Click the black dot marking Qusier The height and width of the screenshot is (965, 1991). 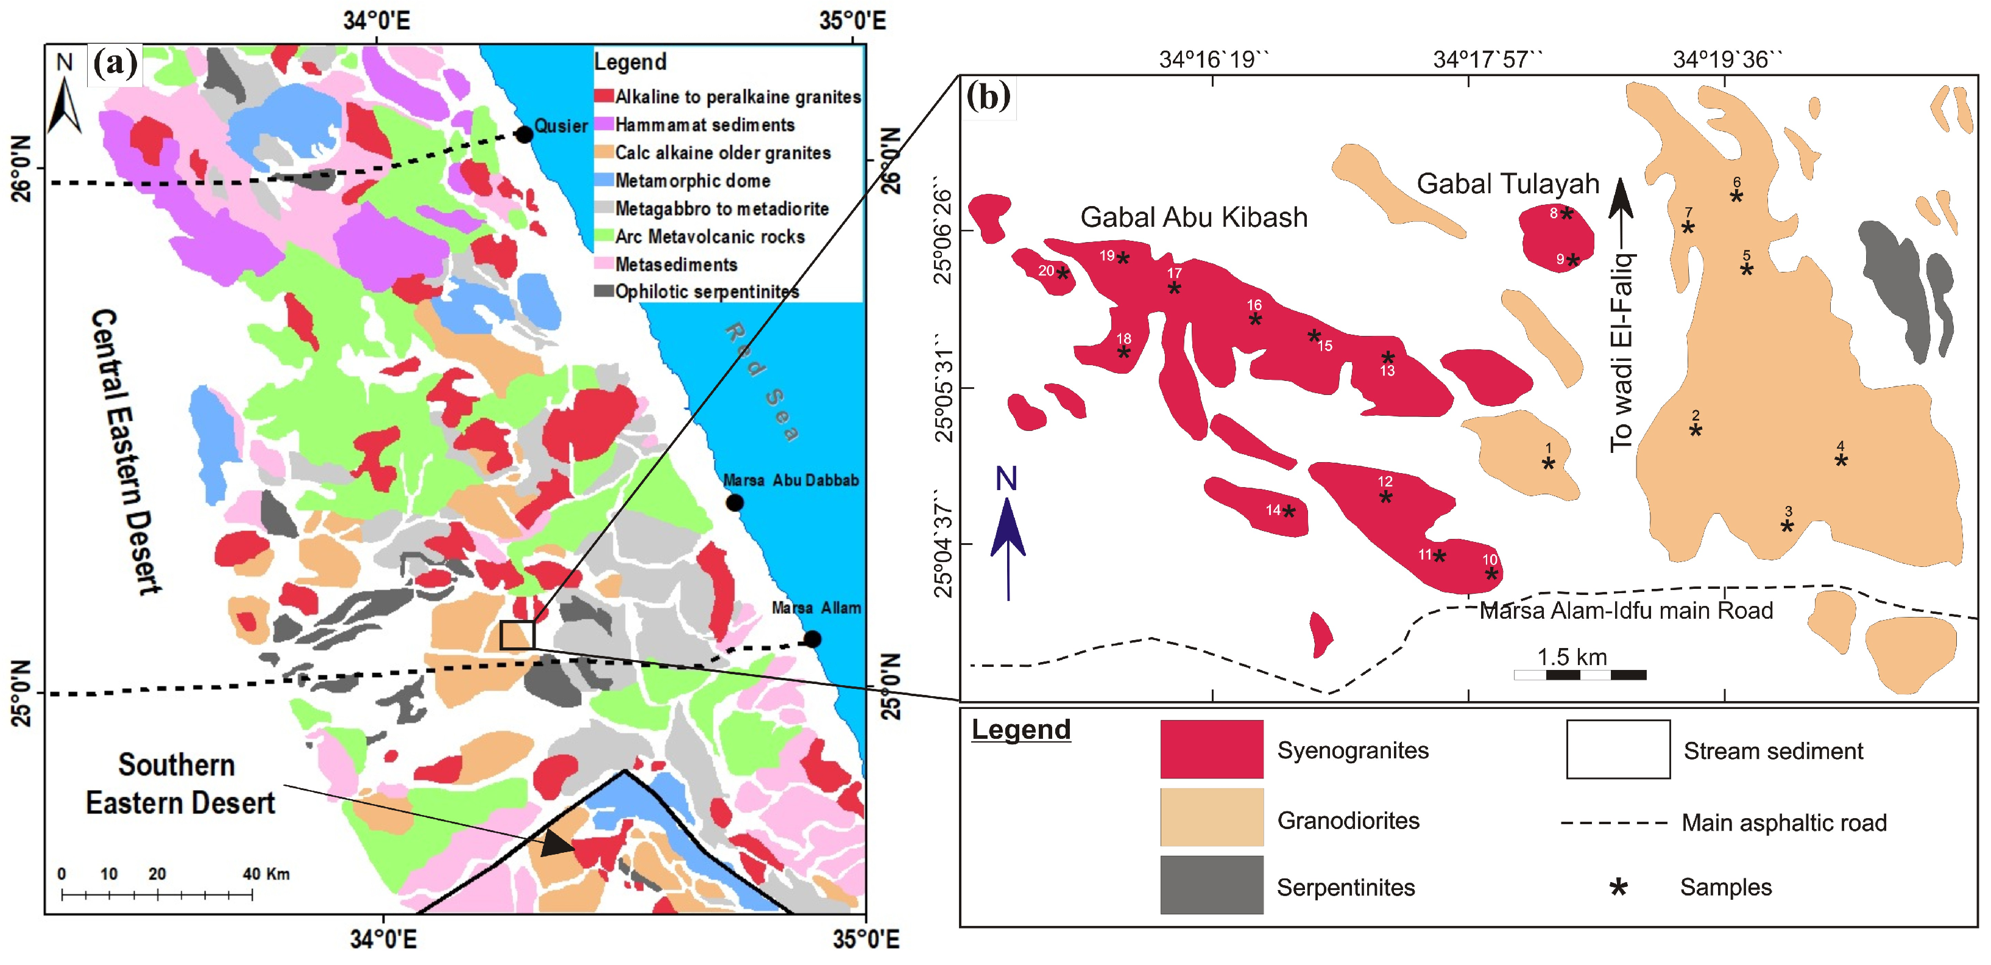click(x=524, y=135)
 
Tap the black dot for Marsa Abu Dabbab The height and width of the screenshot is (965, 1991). click(x=734, y=502)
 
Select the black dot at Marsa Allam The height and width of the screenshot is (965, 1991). click(x=812, y=639)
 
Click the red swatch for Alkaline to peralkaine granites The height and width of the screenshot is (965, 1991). click(x=604, y=97)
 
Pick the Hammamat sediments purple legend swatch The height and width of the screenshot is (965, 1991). click(x=604, y=124)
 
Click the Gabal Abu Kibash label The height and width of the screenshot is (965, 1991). click(x=1194, y=217)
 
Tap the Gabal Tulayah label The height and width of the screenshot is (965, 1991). click(x=1507, y=184)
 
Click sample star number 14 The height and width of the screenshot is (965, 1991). click(x=1289, y=510)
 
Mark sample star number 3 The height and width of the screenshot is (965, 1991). click(x=1787, y=526)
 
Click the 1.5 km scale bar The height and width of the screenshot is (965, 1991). click(x=1580, y=674)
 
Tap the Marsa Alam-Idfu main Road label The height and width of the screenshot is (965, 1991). click(x=1625, y=611)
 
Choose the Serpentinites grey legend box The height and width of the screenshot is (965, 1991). click(x=1211, y=884)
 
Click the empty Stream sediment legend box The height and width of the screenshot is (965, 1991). click(x=1618, y=749)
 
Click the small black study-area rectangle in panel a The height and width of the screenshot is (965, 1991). click(x=516, y=635)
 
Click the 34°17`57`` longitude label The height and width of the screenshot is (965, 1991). click(x=1488, y=60)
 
